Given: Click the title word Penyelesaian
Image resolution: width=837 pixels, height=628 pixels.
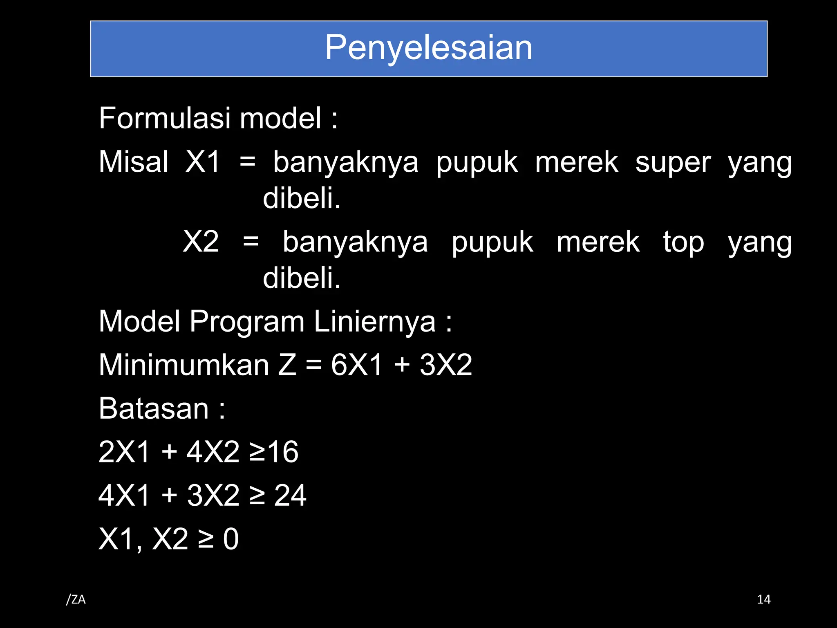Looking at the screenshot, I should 428,48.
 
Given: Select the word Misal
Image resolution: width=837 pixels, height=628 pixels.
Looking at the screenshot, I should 133,162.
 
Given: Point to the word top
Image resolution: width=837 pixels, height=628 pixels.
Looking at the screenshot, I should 683,243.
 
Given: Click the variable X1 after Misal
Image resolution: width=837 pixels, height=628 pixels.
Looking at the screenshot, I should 203,162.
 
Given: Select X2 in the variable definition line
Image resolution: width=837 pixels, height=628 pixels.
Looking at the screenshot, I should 201,242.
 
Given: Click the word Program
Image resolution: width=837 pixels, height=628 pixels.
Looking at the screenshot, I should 247,322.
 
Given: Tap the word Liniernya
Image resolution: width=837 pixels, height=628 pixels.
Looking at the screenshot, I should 374,322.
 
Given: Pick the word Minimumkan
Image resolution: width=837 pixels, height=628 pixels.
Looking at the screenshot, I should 184,365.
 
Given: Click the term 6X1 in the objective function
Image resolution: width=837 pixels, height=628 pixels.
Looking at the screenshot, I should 356,365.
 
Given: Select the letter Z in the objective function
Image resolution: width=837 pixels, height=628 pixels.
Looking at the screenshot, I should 287,365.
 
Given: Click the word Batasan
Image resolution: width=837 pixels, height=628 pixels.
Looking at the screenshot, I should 154,408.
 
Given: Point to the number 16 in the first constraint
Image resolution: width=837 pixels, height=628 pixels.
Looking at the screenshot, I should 283,452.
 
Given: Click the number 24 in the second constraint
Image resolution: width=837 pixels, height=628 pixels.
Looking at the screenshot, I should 290,496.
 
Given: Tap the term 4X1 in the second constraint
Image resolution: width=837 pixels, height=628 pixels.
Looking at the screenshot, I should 124,496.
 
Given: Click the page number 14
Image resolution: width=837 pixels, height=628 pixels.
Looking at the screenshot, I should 763,600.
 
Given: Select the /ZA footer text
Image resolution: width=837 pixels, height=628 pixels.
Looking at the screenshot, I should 76,600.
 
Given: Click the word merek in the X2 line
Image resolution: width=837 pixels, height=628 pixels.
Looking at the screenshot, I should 598,242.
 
